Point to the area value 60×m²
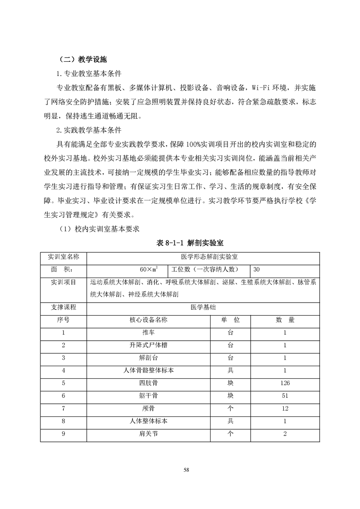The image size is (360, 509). pos(148,269)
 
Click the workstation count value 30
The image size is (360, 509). pos(257,269)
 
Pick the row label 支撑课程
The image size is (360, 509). pos(63,307)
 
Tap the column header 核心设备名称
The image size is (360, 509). pos(148,320)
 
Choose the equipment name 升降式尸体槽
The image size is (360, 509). pos(148,345)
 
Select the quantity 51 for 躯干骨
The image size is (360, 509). pos(285,396)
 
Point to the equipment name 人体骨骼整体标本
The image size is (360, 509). pos(148,371)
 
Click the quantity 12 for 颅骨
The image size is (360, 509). pos(285,409)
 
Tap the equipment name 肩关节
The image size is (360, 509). pos(148,434)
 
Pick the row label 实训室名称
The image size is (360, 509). pos(63,257)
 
